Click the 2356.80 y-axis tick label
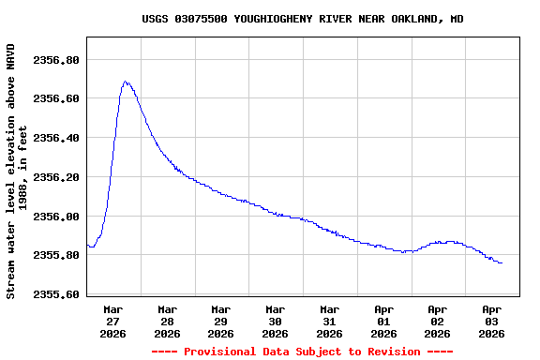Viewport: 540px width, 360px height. pyautogui.click(x=56, y=60)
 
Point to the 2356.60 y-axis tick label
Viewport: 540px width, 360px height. pyautogui.click(x=56, y=98)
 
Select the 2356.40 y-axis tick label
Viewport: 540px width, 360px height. pyautogui.click(x=56, y=138)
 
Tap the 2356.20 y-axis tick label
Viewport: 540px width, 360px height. pyautogui.click(x=56, y=177)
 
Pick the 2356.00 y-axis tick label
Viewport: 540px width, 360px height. pyautogui.click(x=56, y=217)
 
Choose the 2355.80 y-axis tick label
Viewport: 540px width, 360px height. pyautogui.click(x=56, y=255)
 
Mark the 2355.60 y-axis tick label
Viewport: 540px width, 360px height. pyautogui.click(x=56, y=294)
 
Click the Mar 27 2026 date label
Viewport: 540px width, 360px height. pyautogui.click(x=113, y=321)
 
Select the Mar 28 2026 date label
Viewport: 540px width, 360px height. pyautogui.click(x=167, y=321)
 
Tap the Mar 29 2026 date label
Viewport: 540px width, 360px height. pyautogui.click(x=221, y=321)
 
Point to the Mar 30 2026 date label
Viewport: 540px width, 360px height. pyautogui.click(x=276, y=321)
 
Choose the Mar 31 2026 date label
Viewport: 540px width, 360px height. pyautogui.click(x=329, y=321)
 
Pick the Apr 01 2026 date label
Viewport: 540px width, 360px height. pyautogui.click(x=383, y=321)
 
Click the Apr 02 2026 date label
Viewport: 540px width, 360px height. pyautogui.click(x=438, y=321)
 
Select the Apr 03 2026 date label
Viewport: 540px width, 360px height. pyautogui.click(x=491, y=321)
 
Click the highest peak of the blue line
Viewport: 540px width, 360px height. pyautogui.click(x=125, y=82)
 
